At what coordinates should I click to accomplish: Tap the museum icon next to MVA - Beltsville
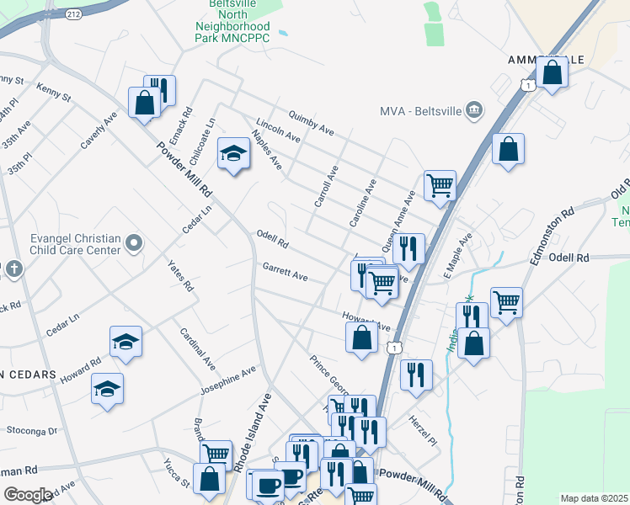[474, 109]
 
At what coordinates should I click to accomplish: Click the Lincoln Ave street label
[278, 130]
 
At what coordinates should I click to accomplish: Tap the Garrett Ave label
[285, 271]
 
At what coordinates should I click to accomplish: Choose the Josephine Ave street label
[227, 380]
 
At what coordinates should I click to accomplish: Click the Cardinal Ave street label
[196, 347]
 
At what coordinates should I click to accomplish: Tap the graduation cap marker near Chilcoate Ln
[234, 154]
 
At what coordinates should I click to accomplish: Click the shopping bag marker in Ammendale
[552, 72]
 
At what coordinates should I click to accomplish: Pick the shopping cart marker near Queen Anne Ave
[440, 184]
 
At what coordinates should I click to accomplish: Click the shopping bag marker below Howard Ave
[361, 338]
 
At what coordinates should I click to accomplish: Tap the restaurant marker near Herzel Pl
[416, 375]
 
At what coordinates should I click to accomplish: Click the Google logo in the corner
[28, 495]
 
